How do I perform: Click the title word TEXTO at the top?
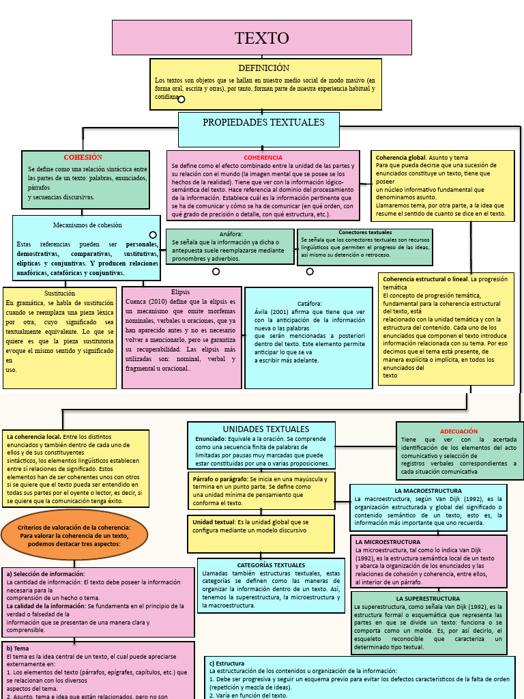(x=262, y=38)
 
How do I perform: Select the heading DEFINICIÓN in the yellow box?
(x=264, y=68)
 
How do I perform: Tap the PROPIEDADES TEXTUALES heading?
(x=263, y=122)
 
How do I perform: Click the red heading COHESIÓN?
(x=83, y=158)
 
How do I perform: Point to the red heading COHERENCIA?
(x=263, y=158)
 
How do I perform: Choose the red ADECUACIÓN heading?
(x=458, y=431)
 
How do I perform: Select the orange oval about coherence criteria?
(x=74, y=535)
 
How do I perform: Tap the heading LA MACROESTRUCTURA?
(x=428, y=491)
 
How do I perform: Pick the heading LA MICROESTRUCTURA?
(x=388, y=541)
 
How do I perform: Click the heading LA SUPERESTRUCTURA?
(x=428, y=599)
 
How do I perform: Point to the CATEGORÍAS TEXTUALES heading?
(x=271, y=565)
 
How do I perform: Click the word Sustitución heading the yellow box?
(x=59, y=293)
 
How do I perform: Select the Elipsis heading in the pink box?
(x=180, y=292)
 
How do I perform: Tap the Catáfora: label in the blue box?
(x=309, y=303)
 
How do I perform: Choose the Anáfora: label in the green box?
(x=231, y=234)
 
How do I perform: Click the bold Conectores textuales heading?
(x=365, y=233)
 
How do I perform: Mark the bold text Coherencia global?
(x=401, y=158)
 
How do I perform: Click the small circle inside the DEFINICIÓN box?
(x=181, y=99)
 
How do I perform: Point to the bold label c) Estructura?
(x=227, y=663)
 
